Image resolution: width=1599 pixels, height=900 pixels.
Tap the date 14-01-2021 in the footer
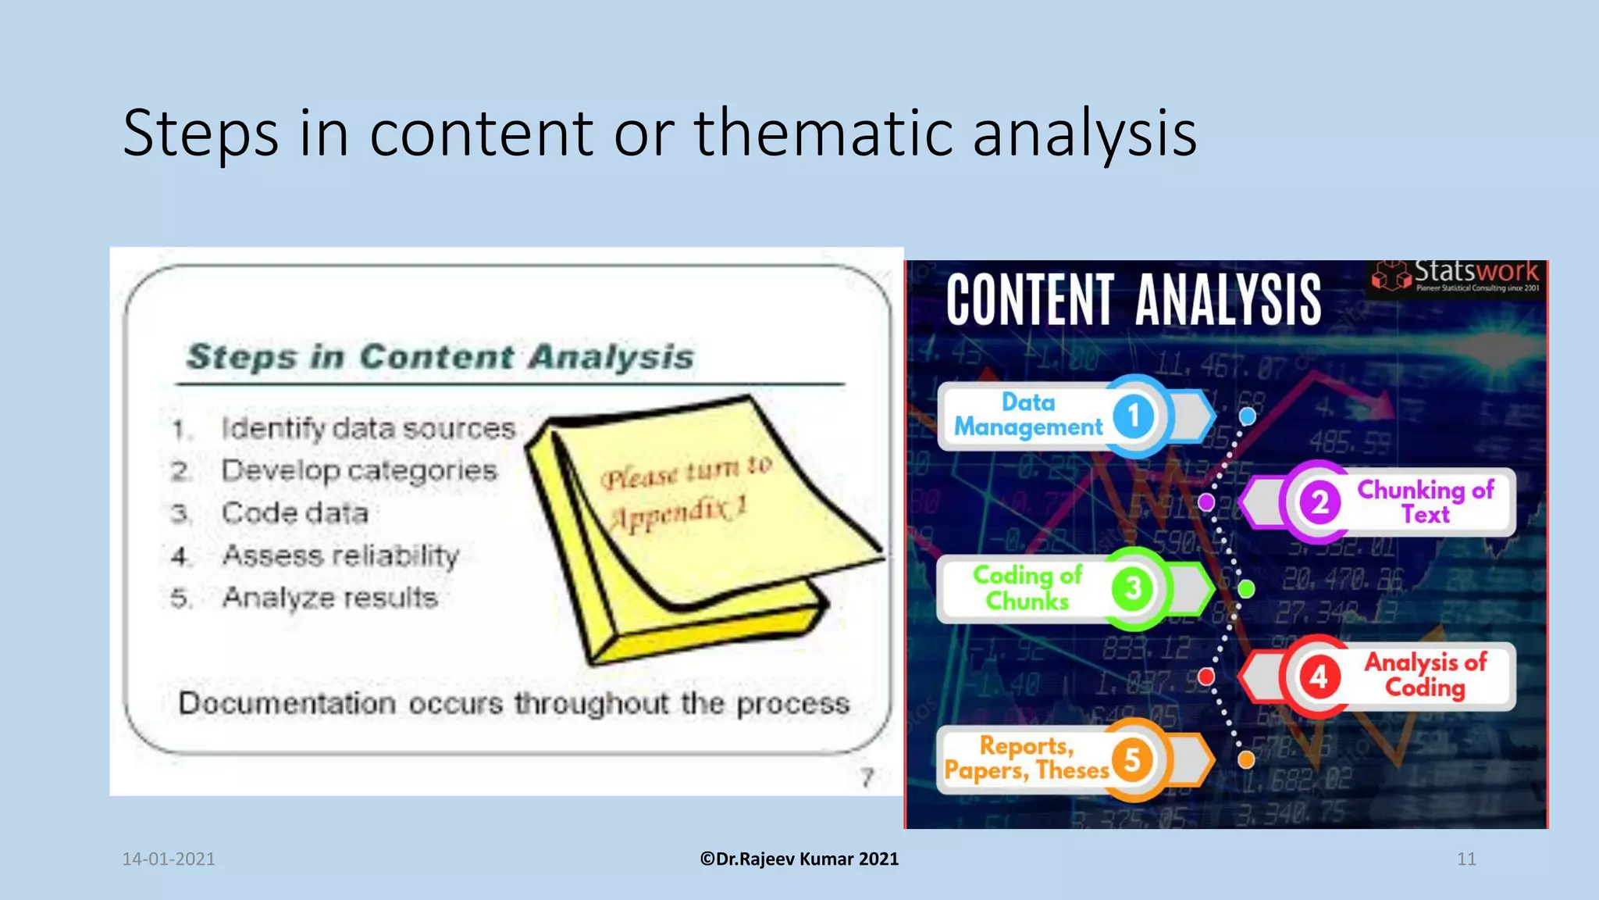click(169, 859)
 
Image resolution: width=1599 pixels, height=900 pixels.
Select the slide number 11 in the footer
click(1466, 859)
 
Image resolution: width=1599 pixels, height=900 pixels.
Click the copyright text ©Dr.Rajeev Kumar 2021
click(799, 859)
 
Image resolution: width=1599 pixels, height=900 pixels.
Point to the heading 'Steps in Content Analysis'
click(440, 356)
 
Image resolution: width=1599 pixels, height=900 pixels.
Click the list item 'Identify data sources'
click(368, 428)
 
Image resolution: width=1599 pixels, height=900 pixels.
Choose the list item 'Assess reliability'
click(340, 555)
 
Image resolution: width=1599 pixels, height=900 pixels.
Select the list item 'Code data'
click(294, 513)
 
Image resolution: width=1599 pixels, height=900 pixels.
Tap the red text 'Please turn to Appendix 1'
click(682, 492)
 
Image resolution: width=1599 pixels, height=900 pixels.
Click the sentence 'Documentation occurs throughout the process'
click(513, 703)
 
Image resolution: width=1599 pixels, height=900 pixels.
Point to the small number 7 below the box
click(867, 777)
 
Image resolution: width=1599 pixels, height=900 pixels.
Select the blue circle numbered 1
click(1134, 415)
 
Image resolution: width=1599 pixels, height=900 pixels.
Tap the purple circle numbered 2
click(1319, 502)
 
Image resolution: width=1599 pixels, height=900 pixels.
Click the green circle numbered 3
click(1132, 588)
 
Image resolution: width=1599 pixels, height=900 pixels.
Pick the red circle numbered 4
click(1319, 676)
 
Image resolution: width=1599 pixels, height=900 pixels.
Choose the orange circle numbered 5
click(1132, 759)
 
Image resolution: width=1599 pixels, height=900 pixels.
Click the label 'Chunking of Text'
click(1425, 502)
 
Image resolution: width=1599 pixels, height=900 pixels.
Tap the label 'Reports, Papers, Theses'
click(1027, 758)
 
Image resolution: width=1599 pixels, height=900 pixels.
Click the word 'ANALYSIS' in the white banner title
click(1228, 300)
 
